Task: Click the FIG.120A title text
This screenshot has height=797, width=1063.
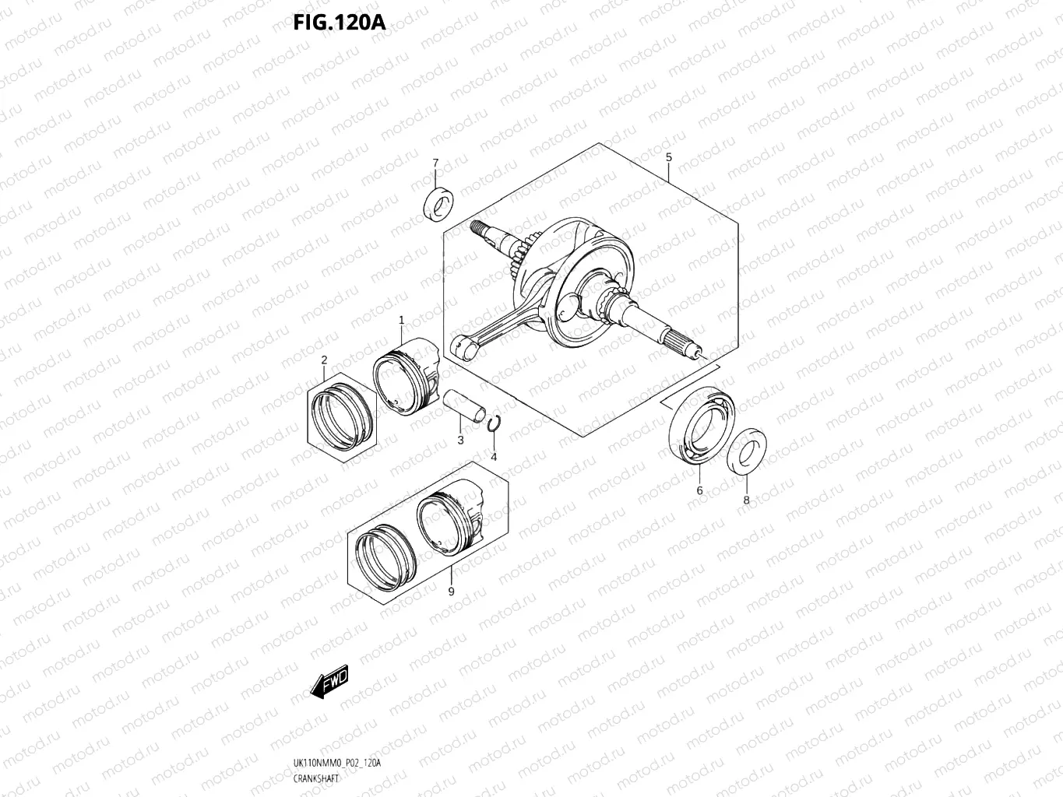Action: click(339, 22)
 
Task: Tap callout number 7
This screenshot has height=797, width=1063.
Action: click(435, 163)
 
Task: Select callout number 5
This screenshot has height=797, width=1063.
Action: click(668, 157)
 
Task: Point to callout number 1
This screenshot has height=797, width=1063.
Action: click(402, 320)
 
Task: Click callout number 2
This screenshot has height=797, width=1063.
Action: click(324, 360)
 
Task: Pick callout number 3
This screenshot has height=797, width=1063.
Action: click(460, 441)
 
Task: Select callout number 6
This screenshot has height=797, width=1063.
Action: click(699, 490)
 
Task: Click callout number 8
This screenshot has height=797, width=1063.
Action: click(746, 500)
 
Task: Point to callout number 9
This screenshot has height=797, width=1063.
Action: click(451, 592)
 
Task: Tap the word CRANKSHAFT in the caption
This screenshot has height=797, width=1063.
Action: click(316, 778)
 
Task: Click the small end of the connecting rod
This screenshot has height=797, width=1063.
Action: click(463, 349)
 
